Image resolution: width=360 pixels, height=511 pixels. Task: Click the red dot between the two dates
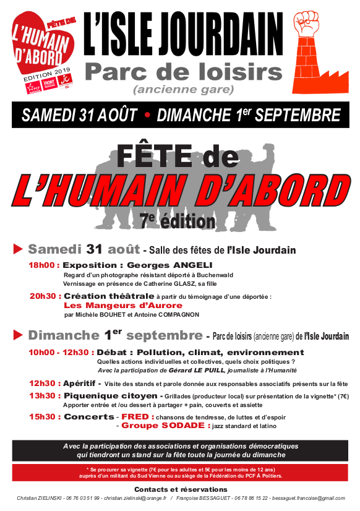147,115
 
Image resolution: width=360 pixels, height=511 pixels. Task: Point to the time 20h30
44,296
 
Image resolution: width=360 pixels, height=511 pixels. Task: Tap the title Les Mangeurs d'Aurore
123,305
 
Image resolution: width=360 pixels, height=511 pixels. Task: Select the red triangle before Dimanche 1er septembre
18,336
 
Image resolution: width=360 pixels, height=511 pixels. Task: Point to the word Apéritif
82,383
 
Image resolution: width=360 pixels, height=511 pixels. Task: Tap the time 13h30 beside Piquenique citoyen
43,395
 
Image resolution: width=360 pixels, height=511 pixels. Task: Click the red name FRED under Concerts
134,416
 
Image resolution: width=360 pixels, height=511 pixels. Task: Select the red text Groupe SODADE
156,426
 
